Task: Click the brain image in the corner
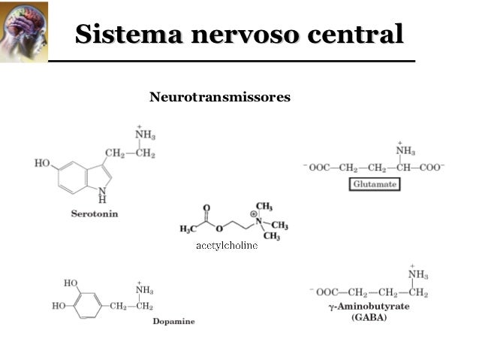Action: (23, 32)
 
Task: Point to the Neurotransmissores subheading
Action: (219, 97)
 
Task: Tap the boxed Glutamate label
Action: (375, 184)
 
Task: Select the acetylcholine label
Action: (227, 246)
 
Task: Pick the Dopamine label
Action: (173, 321)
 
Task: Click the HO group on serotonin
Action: (42, 163)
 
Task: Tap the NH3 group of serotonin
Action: (144, 135)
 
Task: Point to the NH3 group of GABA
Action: (417, 274)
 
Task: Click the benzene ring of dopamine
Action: (89, 306)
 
